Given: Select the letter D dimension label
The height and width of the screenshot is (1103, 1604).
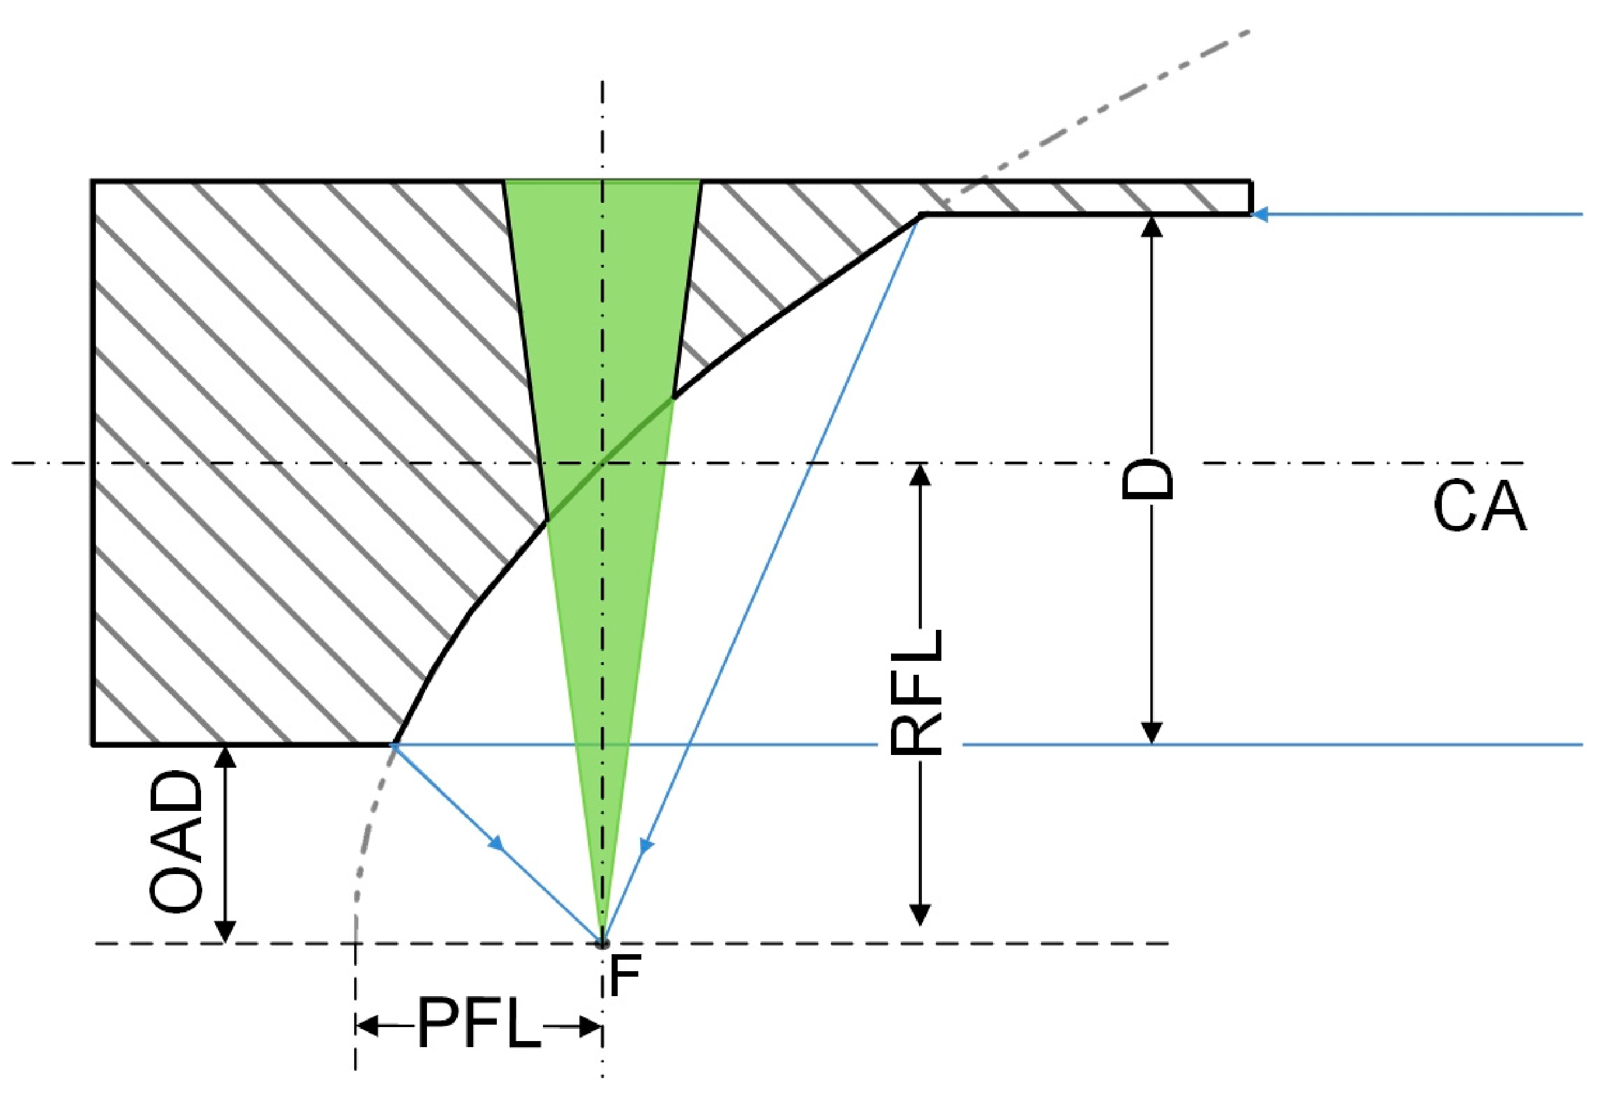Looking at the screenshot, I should [1148, 477].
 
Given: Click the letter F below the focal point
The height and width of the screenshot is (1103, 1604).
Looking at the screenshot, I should [625, 975].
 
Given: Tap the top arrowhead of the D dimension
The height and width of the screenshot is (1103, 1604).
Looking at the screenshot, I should [1151, 227].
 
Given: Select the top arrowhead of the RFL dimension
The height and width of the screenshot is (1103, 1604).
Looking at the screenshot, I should [919, 474].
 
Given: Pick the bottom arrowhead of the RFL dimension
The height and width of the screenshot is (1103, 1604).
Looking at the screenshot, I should [919, 915].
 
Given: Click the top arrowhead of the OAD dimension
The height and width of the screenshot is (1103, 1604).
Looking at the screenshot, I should [225, 757].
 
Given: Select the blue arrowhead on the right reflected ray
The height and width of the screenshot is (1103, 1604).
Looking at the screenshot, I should [646, 846].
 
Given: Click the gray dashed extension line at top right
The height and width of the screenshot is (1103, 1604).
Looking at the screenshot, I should [1106, 104].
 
